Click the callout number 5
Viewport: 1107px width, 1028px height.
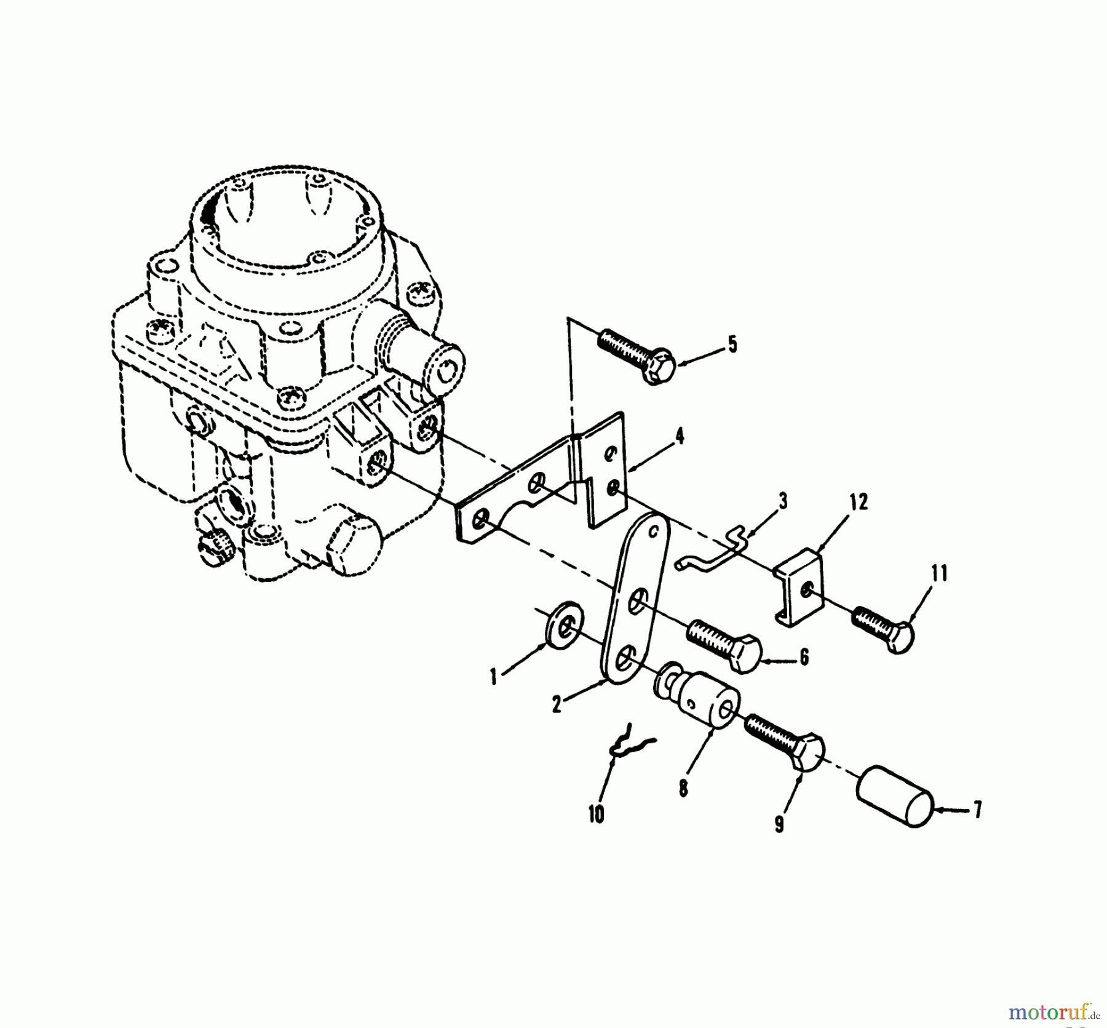[732, 345]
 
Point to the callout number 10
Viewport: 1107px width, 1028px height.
[596, 814]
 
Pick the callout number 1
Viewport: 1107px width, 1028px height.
[493, 677]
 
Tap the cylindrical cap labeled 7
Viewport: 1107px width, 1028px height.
[895, 797]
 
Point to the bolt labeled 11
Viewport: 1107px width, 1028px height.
[884, 627]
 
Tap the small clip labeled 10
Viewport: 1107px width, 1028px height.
[630, 743]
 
